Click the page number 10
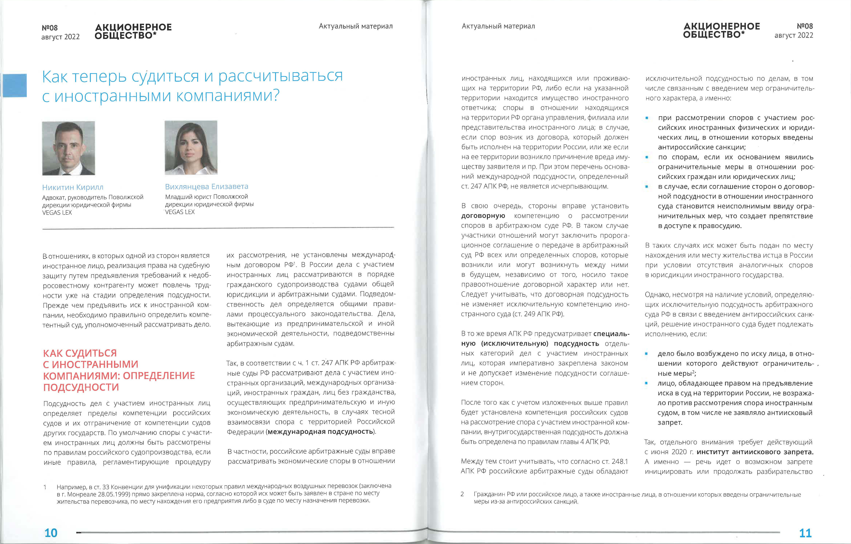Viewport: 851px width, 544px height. (51, 532)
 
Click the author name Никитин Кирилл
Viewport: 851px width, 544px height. (73, 187)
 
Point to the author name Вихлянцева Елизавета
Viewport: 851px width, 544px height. (207, 187)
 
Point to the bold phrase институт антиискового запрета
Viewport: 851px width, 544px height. (755, 452)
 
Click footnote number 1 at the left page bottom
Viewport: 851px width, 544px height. (45, 487)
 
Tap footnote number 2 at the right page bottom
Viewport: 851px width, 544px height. (462, 494)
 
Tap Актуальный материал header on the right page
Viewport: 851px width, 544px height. (498, 26)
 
